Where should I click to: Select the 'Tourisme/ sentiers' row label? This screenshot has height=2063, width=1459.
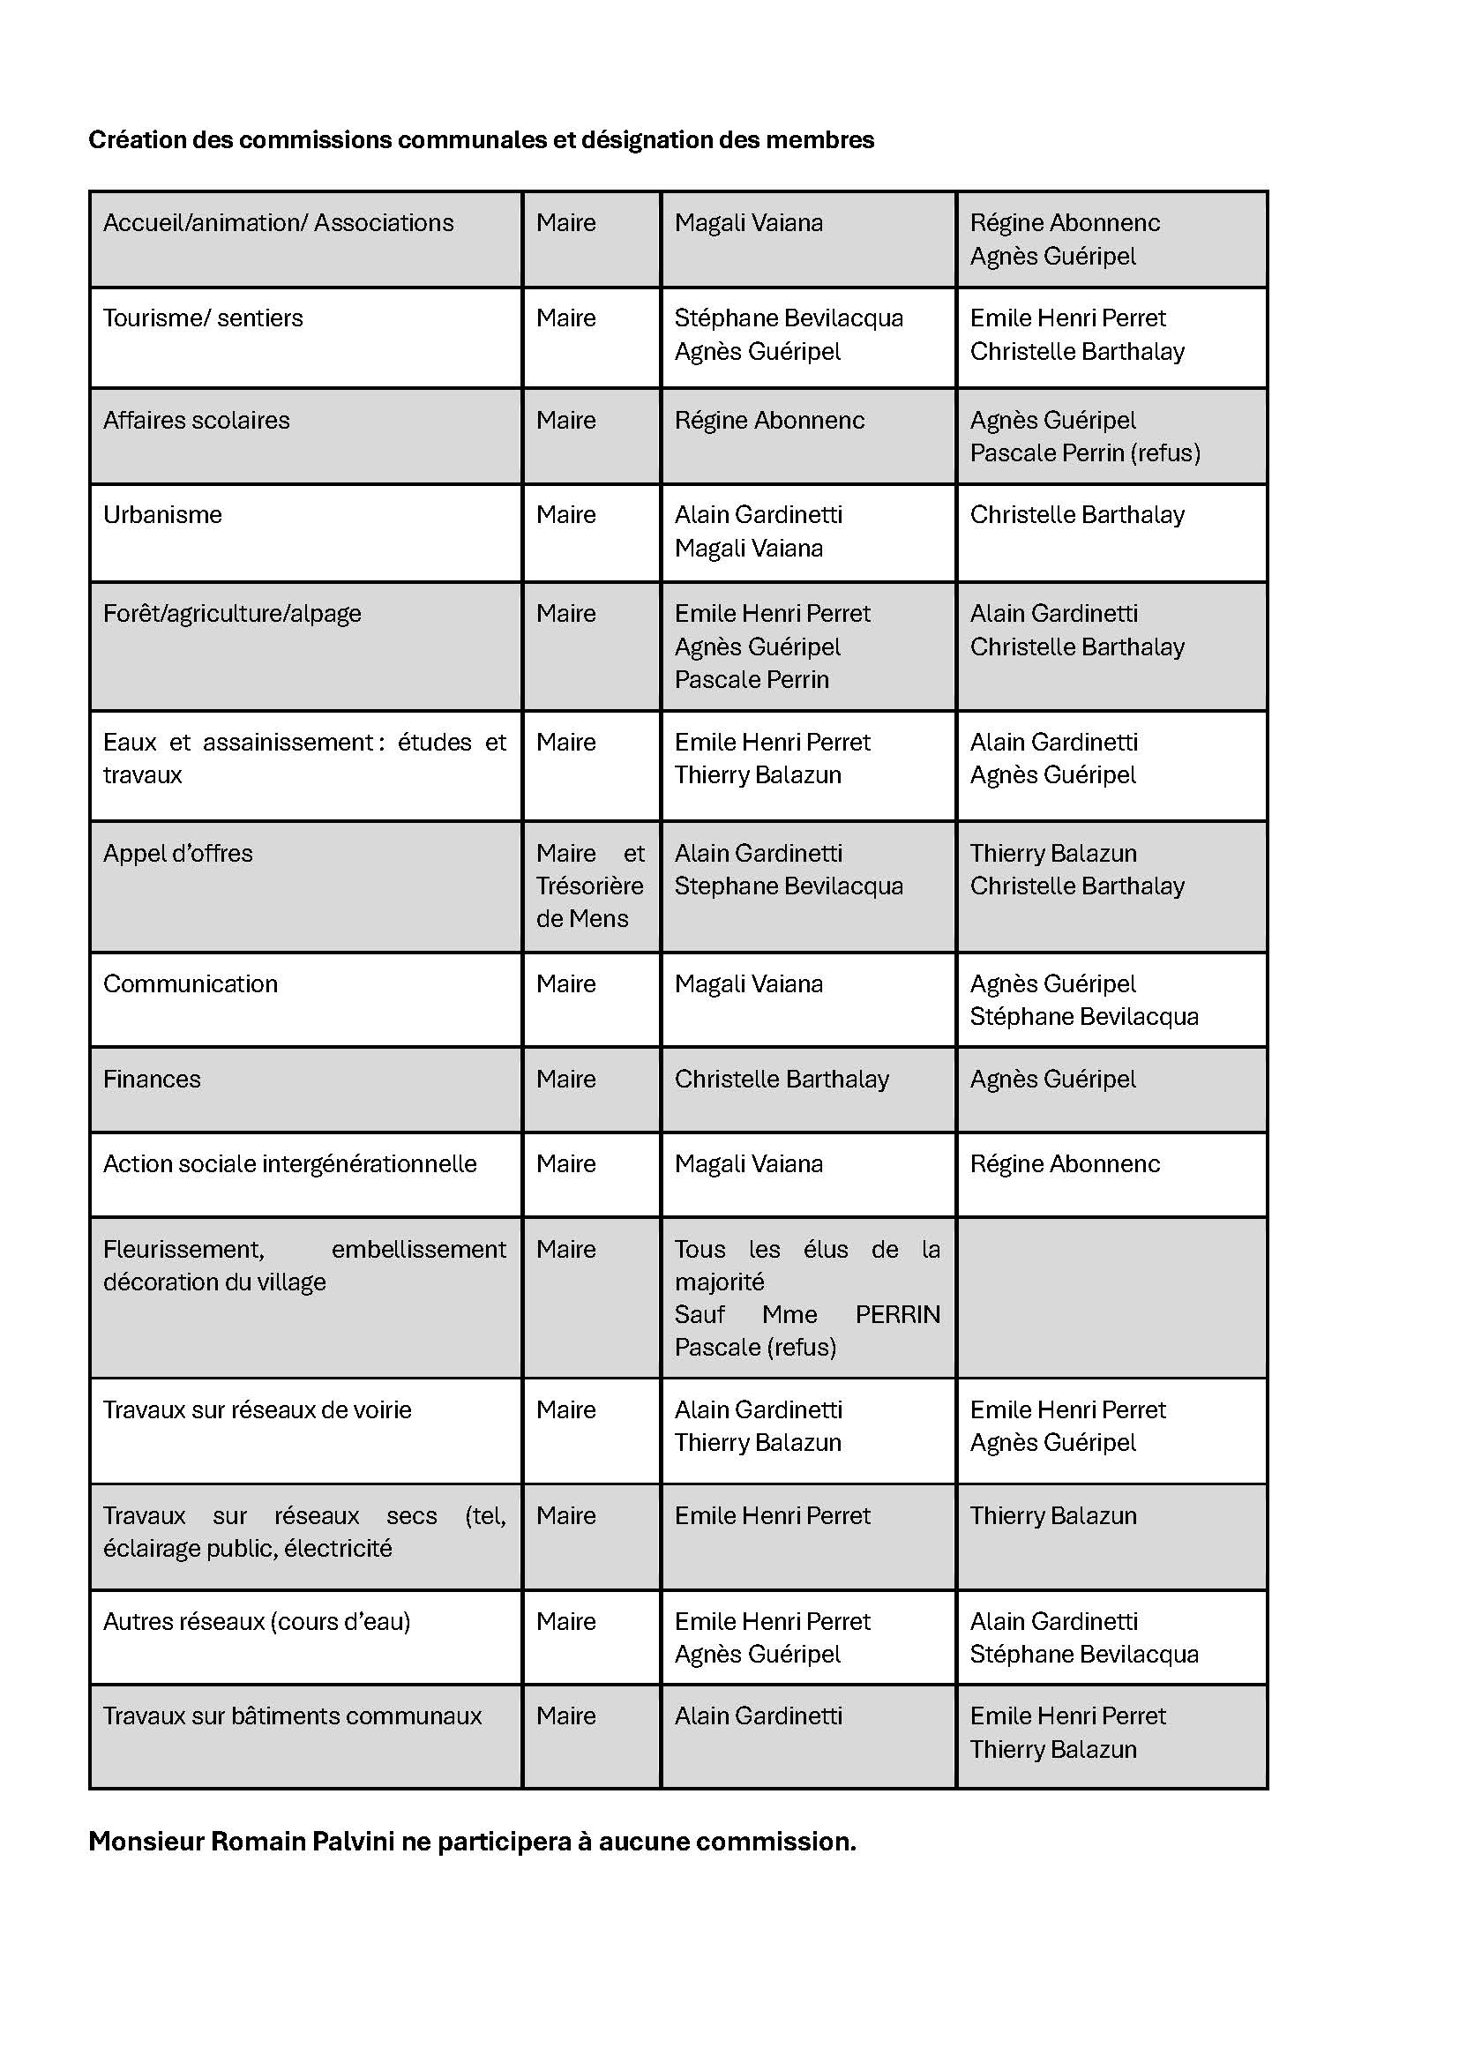coord(203,318)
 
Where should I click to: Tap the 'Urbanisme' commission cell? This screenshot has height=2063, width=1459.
coord(162,515)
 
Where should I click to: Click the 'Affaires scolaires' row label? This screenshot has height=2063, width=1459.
coord(196,421)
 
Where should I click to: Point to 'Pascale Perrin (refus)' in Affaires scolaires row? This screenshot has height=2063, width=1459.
coord(1084,452)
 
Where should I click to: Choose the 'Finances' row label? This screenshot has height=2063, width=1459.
coord(152,1079)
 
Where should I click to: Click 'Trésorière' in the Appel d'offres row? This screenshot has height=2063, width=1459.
coord(589,886)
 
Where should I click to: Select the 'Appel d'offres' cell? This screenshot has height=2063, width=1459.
coord(178,854)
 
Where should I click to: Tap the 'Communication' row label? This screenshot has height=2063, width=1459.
coord(191,984)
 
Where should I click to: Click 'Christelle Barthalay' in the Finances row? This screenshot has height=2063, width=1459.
coord(782,1079)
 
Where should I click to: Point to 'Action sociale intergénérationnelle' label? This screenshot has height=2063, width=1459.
coord(289,1164)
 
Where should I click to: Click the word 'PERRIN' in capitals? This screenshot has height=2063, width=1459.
coord(896,1314)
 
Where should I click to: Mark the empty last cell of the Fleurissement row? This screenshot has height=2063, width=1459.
coord(1111,1297)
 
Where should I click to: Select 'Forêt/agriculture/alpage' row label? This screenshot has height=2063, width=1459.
coord(232,614)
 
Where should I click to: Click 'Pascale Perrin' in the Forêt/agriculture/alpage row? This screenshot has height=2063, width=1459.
coord(751,680)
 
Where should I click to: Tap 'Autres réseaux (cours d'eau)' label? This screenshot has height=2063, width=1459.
coord(256,1622)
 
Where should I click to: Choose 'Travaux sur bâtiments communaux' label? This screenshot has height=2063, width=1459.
coord(292,1716)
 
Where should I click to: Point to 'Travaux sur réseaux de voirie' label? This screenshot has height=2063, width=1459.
coord(257,1409)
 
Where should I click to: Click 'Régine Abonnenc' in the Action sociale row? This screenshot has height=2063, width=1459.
coord(1065,1164)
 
